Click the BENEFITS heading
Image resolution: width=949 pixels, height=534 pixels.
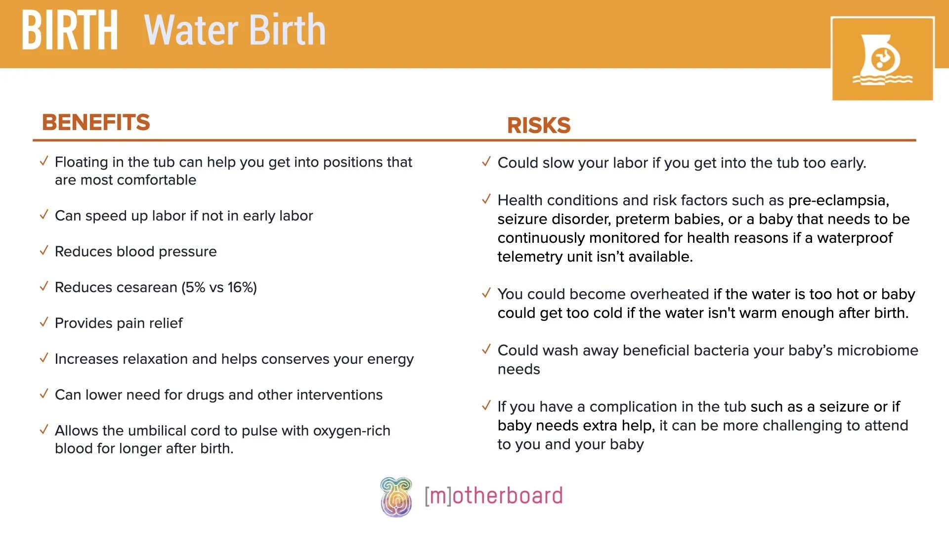pyautogui.click(x=96, y=122)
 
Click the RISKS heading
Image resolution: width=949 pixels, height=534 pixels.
pyautogui.click(x=539, y=125)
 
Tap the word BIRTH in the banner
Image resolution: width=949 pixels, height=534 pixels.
pyautogui.click(x=70, y=31)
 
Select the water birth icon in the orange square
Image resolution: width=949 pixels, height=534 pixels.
pyautogui.click(x=882, y=59)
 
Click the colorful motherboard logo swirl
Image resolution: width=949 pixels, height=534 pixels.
pyautogui.click(x=396, y=497)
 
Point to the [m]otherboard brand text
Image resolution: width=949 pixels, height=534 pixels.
pyautogui.click(x=494, y=496)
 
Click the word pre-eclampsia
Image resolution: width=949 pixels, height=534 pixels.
pyautogui.click(x=838, y=200)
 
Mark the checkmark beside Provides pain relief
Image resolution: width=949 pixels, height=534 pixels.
pyautogui.click(x=44, y=322)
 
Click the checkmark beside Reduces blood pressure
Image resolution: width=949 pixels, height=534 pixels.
pyautogui.click(x=44, y=251)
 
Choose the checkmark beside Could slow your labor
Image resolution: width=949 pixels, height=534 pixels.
pyautogui.click(x=486, y=162)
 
